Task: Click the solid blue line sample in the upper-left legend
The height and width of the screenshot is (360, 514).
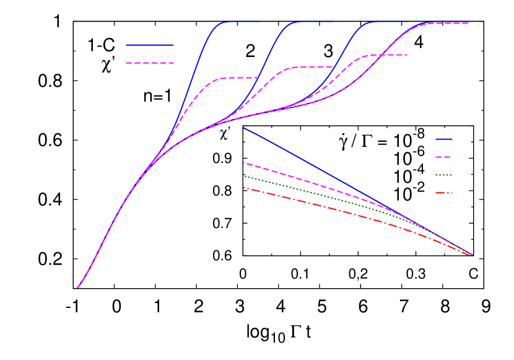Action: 149,45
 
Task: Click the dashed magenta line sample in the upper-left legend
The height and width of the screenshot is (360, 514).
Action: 149,63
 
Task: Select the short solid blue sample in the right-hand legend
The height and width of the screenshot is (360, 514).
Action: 443,139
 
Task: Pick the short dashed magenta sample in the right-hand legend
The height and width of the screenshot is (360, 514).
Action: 443,157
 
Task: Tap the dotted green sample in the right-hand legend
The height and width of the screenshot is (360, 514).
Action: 443,175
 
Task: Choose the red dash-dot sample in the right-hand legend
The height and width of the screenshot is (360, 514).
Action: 443,193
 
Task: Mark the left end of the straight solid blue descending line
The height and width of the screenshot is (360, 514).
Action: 244,128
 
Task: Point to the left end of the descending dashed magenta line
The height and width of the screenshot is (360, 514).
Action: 244,163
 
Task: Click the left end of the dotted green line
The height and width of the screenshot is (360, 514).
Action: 244,176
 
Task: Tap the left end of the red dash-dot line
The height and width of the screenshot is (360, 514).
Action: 244,188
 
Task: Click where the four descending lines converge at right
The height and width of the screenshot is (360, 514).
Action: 471,254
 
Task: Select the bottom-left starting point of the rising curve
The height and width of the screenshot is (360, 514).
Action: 77,288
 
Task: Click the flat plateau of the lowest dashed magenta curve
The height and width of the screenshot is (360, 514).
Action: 238,78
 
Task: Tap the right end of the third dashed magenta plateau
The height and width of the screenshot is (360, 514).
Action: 407,55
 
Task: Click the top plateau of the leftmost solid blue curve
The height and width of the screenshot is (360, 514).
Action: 242,22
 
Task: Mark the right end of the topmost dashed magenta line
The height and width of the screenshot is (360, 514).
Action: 468,24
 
